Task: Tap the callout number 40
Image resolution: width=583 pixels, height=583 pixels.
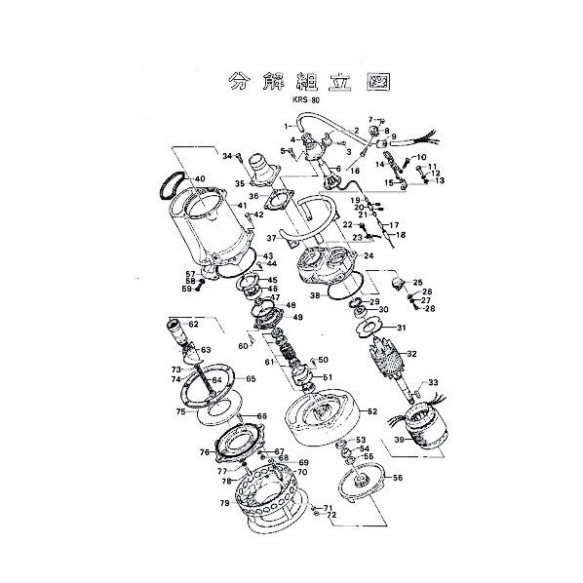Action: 199,179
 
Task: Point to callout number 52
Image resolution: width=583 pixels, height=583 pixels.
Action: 371,412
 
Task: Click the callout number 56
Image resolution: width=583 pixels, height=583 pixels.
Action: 397,478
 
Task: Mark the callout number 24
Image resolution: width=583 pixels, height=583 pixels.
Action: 369,256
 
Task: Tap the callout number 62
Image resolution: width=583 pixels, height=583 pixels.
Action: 193,324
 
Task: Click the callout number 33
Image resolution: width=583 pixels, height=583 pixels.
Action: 433,382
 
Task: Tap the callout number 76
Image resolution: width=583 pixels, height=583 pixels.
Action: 205,452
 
